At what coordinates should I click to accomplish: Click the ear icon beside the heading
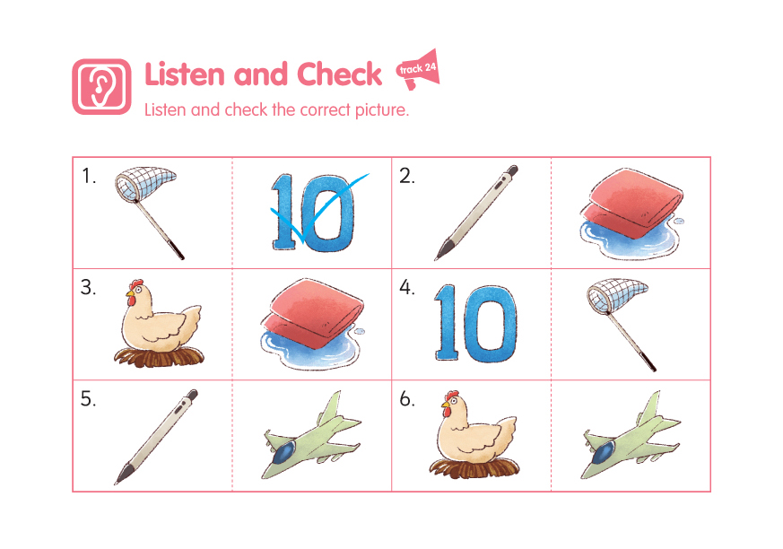pos(102,87)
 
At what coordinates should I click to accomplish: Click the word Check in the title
pos(340,74)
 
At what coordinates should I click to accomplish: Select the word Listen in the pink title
pos(184,74)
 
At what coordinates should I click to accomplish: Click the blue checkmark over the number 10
pos(320,208)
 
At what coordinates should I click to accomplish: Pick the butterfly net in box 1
pos(148,210)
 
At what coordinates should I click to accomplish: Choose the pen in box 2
pos(476,213)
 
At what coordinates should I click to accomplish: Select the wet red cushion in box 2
pos(631,213)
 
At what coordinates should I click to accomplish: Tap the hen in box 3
pos(159,323)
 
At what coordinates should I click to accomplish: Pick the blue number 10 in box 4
pos(475,323)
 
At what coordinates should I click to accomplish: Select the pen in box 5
pos(156,437)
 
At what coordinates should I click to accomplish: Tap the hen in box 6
pos(474,434)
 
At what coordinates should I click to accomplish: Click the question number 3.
pos(88,288)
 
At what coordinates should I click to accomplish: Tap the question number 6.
pos(407,399)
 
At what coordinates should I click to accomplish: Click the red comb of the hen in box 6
pos(452,396)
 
